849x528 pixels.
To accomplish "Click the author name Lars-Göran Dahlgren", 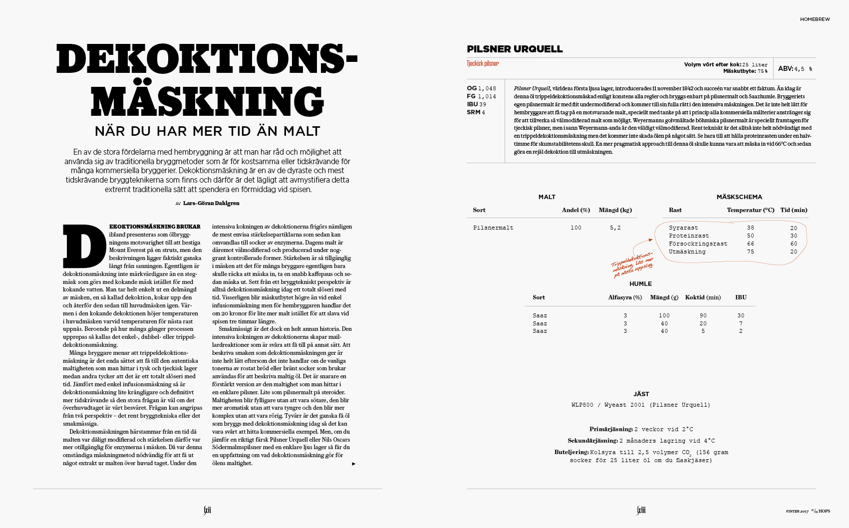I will (211, 203).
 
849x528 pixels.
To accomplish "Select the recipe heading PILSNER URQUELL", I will (515, 49).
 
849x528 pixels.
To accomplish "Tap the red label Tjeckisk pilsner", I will (483, 63).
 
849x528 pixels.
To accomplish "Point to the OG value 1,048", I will (487, 88).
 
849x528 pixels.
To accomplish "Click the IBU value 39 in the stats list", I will (483, 104).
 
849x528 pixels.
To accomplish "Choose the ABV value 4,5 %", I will (803, 69).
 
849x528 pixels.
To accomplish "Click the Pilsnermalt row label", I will (493, 228).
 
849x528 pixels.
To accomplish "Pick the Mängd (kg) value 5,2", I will (615, 228).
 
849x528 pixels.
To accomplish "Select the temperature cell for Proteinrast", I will (750, 236).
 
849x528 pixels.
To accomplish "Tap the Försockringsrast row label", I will (698, 244).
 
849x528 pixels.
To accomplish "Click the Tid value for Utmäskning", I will (794, 252).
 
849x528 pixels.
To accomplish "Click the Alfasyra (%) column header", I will (625, 297).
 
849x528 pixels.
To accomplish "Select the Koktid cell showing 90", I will (703, 315).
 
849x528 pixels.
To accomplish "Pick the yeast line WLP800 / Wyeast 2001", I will (640, 405).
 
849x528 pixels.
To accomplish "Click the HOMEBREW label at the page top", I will (815, 19).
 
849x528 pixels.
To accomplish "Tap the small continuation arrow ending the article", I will (353, 464).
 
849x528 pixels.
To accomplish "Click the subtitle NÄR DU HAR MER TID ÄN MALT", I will (207, 131).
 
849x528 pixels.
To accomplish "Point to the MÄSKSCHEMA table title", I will (739, 197).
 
